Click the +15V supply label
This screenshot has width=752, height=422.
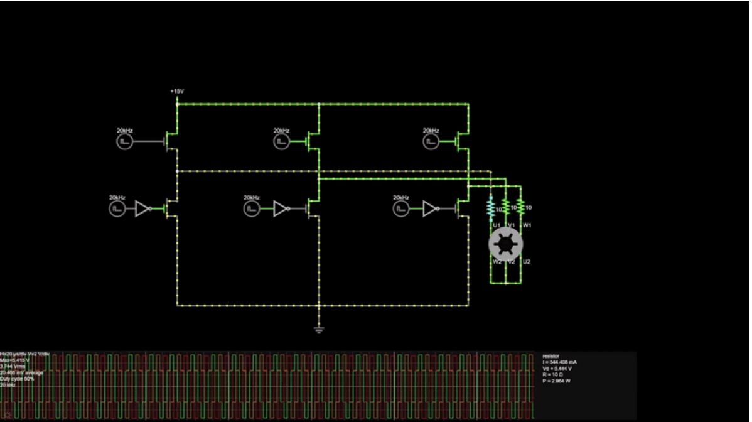[x=176, y=92]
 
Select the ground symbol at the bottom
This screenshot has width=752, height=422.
[x=319, y=328]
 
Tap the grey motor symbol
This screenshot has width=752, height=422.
[x=505, y=244]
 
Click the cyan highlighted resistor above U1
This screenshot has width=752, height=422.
[x=491, y=208]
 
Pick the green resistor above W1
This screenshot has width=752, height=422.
[x=520, y=208]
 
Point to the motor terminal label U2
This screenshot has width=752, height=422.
[x=526, y=261]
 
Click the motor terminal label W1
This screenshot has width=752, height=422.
[x=527, y=225]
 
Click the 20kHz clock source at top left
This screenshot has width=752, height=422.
[x=124, y=142]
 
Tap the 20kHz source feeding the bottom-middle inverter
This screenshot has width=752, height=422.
[x=252, y=208]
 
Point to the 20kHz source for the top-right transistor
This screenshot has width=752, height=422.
[x=431, y=142]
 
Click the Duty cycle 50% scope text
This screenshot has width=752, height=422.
[x=18, y=379]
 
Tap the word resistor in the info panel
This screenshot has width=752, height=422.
[x=551, y=356]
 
